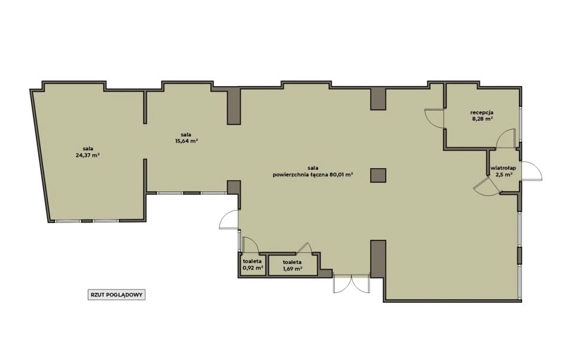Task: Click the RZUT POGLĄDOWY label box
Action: click(x=117, y=295)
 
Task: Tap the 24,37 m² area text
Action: click(x=87, y=155)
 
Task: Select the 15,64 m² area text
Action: click(x=187, y=141)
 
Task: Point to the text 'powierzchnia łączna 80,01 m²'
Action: click(x=313, y=175)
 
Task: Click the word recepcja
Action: click(x=482, y=112)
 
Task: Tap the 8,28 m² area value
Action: click(x=482, y=118)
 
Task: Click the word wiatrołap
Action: click(x=503, y=168)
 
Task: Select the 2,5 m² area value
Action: click(x=503, y=175)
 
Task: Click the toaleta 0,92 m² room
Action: click(x=252, y=265)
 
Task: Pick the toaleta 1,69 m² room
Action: click(x=292, y=265)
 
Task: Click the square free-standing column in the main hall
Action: click(x=378, y=175)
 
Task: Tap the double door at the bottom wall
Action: click(x=350, y=284)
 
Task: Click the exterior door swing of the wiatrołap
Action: click(x=532, y=170)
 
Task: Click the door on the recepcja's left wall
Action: click(x=434, y=118)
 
